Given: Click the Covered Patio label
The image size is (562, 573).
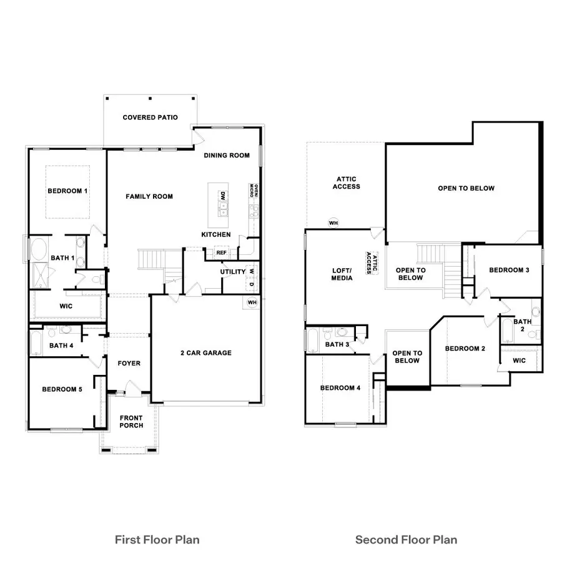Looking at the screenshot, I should pyautogui.click(x=150, y=117).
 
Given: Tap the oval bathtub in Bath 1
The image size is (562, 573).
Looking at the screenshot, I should pyautogui.click(x=38, y=249).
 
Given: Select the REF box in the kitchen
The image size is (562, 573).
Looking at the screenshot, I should pyautogui.click(x=221, y=252).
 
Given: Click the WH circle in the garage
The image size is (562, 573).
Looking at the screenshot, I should pyautogui.click(x=252, y=302).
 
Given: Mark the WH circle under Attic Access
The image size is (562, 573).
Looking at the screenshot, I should pyautogui.click(x=333, y=222).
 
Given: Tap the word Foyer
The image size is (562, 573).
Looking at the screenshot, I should pyautogui.click(x=129, y=363).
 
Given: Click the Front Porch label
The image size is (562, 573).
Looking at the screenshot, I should pyautogui.click(x=131, y=422).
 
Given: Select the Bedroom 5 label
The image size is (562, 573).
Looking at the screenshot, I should pyautogui.click(x=62, y=390).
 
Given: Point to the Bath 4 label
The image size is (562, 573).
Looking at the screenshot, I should pyautogui.click(x=61, y=346).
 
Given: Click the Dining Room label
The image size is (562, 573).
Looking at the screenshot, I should pyautogui.click(x=227, y=156).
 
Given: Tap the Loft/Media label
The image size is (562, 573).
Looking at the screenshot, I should pyautogui.click(x=342, y=274).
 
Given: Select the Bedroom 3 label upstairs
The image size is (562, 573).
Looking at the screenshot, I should pyautogui.click(x=509, y=270).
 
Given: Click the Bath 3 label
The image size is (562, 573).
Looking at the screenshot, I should pyautogui.click(x=337, y=344).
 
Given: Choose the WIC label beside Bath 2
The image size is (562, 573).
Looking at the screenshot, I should pyautogui.click(x=519, y=361).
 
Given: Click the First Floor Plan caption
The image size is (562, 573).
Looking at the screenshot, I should pyautogui.click(x=157, y=539).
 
